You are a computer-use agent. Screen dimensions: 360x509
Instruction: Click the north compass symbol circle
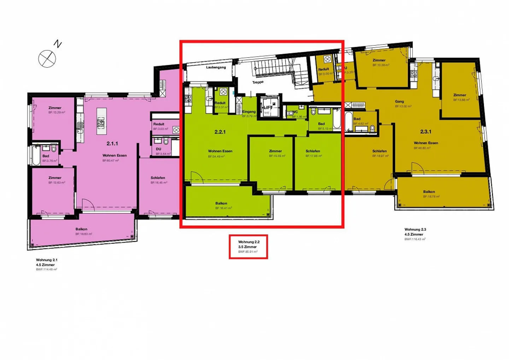[x=47, y=59]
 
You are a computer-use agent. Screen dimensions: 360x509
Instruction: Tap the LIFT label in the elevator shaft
[x=268, y=107]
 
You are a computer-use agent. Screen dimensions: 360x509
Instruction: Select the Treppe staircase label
[x=258, y=82]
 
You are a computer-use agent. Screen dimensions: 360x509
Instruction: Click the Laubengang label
[x=216, y=67]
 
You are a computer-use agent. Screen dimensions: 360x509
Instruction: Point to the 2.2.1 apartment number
[x=220, y=132]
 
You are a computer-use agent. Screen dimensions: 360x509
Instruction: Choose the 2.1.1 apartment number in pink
[x=112, y=143]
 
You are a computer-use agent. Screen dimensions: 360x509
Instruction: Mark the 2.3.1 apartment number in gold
[x=426, y=131]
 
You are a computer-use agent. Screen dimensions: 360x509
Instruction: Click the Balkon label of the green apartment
[x=221, y=203]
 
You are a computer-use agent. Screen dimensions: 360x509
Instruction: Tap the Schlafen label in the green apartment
[x=313, y=151]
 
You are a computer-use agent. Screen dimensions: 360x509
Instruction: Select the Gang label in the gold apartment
[x=399, y=101]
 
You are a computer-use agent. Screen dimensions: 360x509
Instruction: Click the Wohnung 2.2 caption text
[x=249, y=242]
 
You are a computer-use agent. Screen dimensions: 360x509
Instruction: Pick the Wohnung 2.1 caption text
[x=47, y=260]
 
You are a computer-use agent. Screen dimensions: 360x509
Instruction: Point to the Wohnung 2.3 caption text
[x=415, y=229]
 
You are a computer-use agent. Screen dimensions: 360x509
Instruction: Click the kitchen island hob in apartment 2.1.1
[x=101, y=123]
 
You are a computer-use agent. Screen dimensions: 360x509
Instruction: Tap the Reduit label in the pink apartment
[x=159, y=124]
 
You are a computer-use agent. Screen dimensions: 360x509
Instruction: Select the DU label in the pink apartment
[x=159, y=149]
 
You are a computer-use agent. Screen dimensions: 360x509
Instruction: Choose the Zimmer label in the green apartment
[x=275, y=151]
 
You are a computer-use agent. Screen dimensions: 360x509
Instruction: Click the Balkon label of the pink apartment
[x=81, y=229]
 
